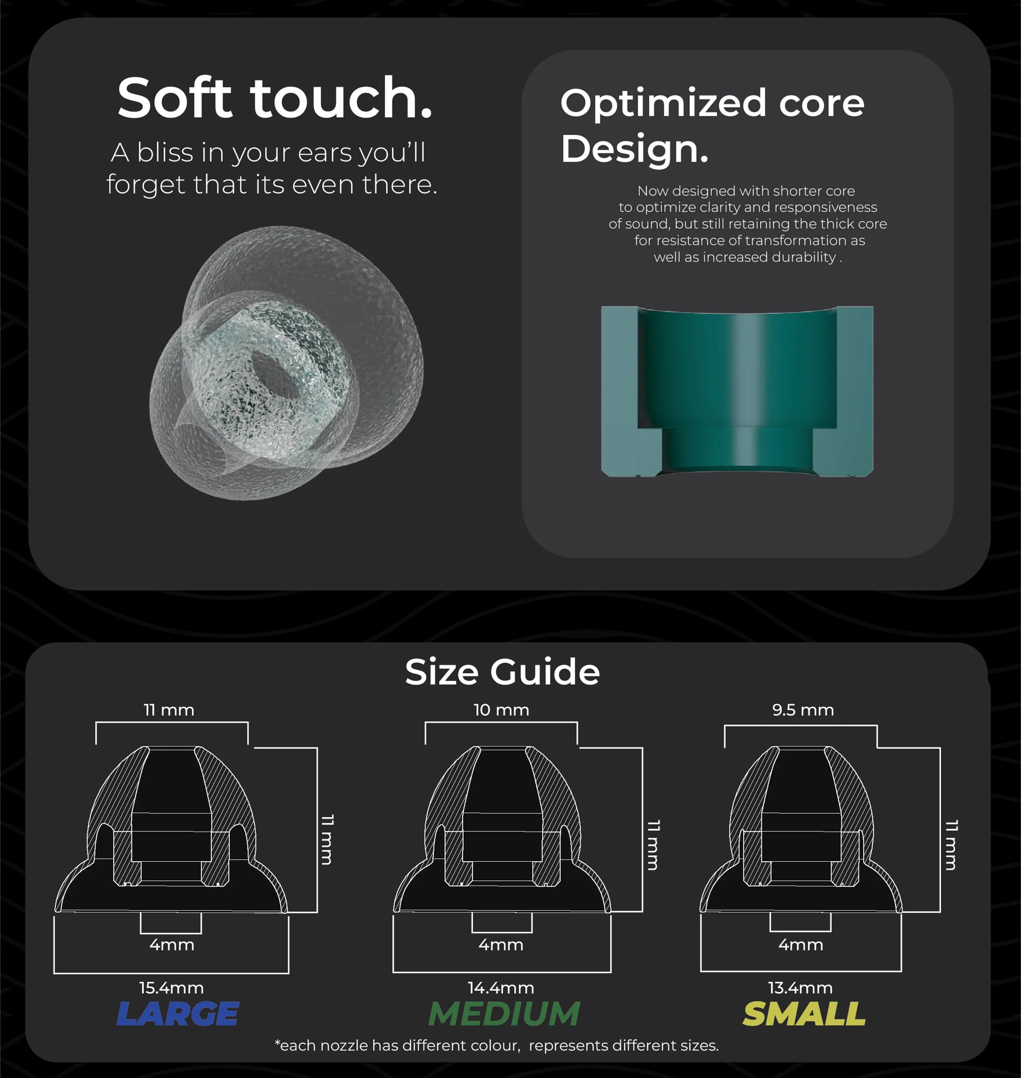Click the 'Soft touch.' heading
click(x=275, y=98)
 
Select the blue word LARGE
click(x=178, y=1014)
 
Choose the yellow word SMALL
click(x=804, y=1014)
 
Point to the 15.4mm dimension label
click(x=171, y=988)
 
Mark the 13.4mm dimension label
click(x=801, y=988)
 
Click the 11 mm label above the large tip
click(x=169, y=710)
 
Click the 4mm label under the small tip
click(x=801, y=945)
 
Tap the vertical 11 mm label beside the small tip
click(x=951, y=845)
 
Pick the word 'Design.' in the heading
click(x=635, y=149)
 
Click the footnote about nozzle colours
click(x=497, y=1046)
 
